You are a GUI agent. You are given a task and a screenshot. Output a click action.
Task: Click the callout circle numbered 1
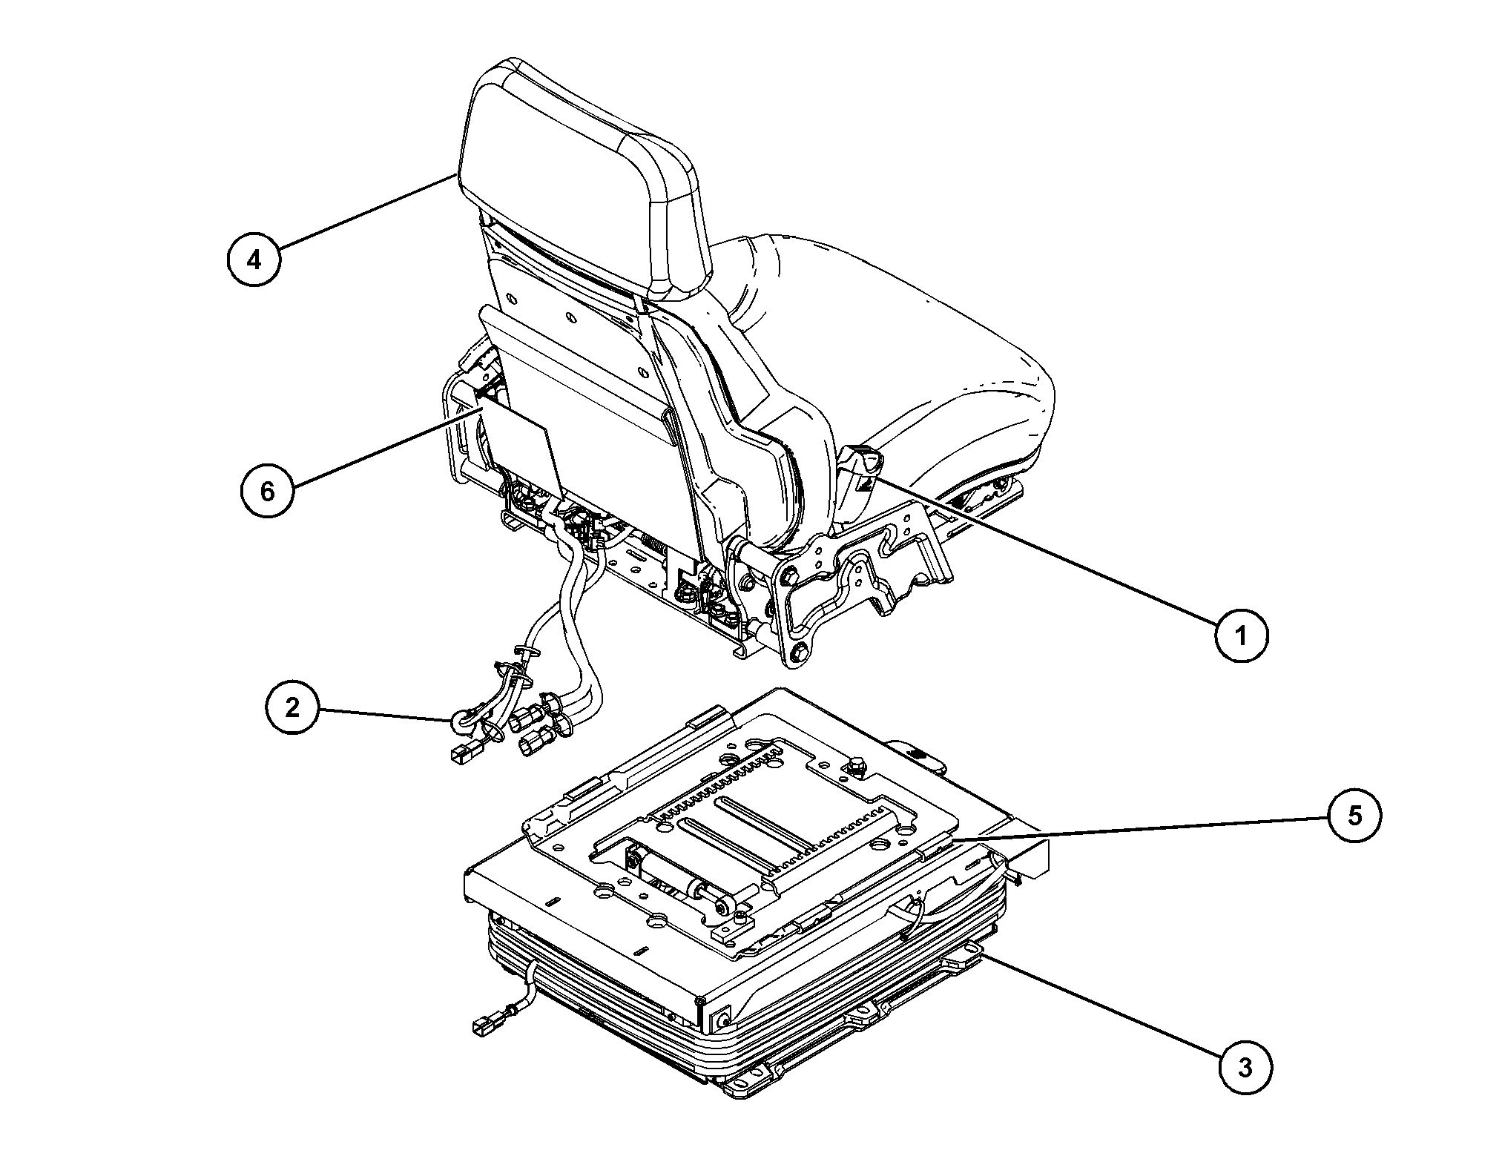(1241, 635)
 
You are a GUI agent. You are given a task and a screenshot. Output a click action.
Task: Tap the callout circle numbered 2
(292, 707)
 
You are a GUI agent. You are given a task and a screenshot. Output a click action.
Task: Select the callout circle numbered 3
(1245, 1068)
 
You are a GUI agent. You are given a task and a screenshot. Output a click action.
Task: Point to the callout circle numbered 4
(254, 260)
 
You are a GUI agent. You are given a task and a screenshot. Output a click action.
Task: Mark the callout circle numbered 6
(268, 491)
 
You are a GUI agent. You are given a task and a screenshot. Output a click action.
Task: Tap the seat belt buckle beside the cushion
(862, 478)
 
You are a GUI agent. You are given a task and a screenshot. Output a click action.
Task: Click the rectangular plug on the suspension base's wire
(484, 1026)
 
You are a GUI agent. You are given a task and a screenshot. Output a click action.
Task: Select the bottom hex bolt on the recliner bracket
(797, 653)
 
